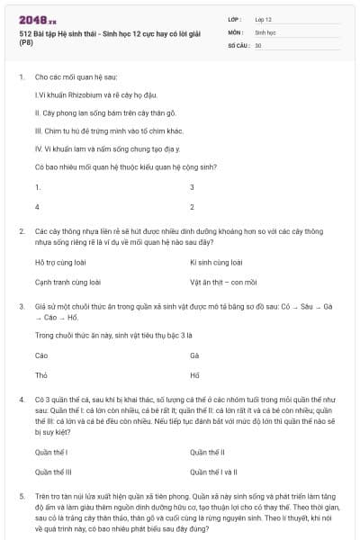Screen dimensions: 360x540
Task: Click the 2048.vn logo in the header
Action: pos(38,19)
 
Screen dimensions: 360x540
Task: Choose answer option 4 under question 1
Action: pos(37,206)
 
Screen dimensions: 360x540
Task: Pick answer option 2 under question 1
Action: pos(193,206)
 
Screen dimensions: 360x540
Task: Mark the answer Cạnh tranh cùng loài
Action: pos(67,282)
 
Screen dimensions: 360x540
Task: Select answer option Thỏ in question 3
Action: pos(40,373)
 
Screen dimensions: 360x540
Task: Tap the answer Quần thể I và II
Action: pos(214,471)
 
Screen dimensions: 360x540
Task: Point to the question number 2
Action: pos(21,231)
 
